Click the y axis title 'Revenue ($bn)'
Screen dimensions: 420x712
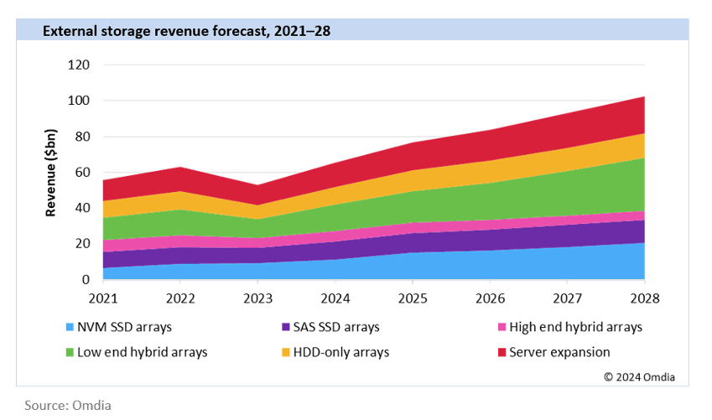tap(52, 173)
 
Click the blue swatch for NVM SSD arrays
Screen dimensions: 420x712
tap(68, 328)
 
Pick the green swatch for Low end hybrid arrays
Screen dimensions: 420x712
tap(68, 352)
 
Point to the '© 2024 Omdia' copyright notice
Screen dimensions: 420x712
tap(640, 376)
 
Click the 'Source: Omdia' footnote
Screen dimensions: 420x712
tap(67, 405)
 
